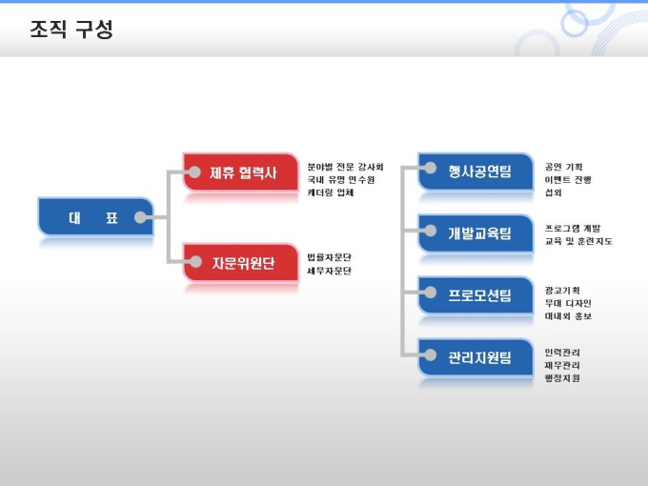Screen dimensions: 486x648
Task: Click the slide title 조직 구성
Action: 71,30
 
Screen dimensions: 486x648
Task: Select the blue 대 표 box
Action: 93,217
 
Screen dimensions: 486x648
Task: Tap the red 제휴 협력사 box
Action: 242,172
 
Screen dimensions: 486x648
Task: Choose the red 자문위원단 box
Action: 242,263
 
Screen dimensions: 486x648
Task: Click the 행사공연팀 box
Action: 478,172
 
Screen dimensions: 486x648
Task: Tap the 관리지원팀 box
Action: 478,357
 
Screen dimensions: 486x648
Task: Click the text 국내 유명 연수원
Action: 341,179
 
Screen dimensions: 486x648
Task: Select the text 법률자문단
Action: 329,257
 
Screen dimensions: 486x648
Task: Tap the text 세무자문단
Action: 329,271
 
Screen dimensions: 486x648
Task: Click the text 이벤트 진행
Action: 567,179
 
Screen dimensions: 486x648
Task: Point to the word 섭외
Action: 553,192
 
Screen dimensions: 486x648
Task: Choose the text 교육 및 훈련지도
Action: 577,241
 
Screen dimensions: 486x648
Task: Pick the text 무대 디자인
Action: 567,303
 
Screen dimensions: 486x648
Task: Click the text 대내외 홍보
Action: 567,316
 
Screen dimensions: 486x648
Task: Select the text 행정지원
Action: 561,378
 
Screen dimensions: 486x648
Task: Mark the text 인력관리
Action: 561,353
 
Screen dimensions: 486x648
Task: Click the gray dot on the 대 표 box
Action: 141,217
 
